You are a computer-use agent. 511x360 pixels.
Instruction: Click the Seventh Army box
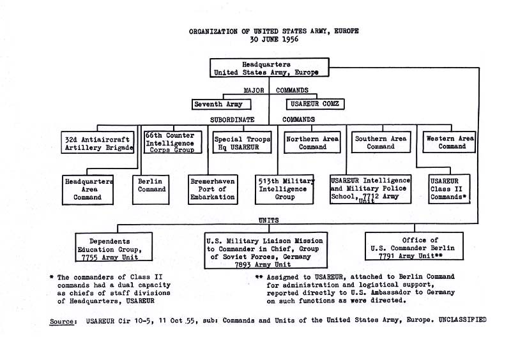coord(221,104)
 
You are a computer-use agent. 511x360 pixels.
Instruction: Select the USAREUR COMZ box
coord(315,104)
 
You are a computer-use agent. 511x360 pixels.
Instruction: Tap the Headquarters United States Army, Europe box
coord(269,68)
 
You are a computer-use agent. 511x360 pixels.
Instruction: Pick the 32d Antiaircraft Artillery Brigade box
coord(98,142)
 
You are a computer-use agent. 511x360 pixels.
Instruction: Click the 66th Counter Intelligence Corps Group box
coord(172,142)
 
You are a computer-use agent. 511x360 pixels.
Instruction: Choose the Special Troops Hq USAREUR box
coord(242,142)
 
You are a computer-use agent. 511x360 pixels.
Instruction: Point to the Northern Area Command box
coord(312,142)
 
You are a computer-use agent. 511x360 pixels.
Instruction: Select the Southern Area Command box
coord(381,142)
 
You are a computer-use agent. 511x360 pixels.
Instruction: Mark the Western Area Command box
coord(449,142)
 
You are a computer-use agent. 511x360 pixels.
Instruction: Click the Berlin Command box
coord(151,190)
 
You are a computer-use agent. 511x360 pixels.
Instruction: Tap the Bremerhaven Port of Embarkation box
coord(213,190)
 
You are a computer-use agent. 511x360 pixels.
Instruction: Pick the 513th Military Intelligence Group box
coord(284,190)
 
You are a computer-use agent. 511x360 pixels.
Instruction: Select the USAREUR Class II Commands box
coord(449,189)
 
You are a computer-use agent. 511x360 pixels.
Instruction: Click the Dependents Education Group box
coord(114,246)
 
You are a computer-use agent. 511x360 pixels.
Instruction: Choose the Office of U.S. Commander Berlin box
coord(414,246)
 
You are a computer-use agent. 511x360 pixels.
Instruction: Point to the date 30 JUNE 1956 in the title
coord(274,40)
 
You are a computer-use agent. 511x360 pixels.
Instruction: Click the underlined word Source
coord(62,321)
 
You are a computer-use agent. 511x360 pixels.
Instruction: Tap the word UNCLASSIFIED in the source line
coord(462,320)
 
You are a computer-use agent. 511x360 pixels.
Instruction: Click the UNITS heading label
coord(268,220)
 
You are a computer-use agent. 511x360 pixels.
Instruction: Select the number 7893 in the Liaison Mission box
coord(243,264)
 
